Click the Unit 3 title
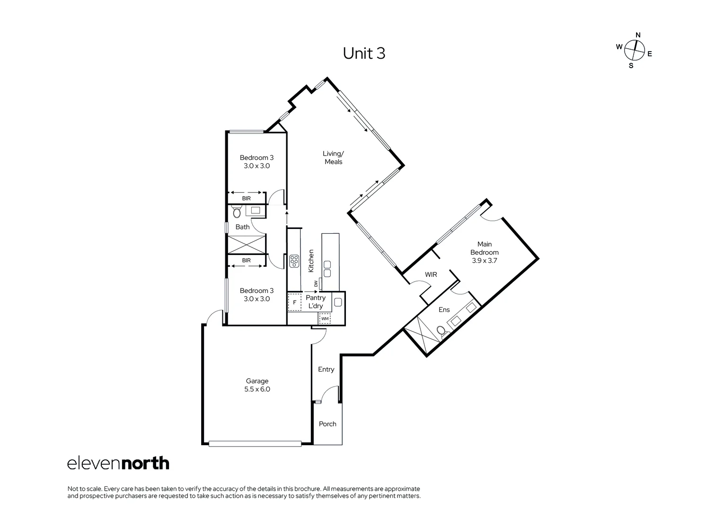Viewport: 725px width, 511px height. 364,53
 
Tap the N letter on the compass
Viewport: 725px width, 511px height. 638,35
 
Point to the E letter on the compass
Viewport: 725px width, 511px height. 650,54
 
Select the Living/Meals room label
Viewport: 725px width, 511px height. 333,158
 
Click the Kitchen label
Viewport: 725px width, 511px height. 311,261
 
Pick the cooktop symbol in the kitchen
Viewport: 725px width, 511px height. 294,262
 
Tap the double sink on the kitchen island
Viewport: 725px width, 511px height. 327,269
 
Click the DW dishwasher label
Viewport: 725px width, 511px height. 316,284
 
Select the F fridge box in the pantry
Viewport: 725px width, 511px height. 294,303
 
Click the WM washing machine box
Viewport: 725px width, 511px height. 325,319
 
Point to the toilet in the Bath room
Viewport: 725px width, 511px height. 237,211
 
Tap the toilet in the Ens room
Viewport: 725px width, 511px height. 442,331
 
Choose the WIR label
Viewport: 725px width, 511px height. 431,274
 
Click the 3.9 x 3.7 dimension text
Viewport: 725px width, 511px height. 484,261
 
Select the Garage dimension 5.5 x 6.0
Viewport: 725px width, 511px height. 257,389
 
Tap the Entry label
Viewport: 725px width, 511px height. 326,369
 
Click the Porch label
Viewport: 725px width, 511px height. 327,424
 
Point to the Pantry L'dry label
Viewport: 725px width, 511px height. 316,301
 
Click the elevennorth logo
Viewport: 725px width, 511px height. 118,463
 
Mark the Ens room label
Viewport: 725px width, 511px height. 444,310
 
